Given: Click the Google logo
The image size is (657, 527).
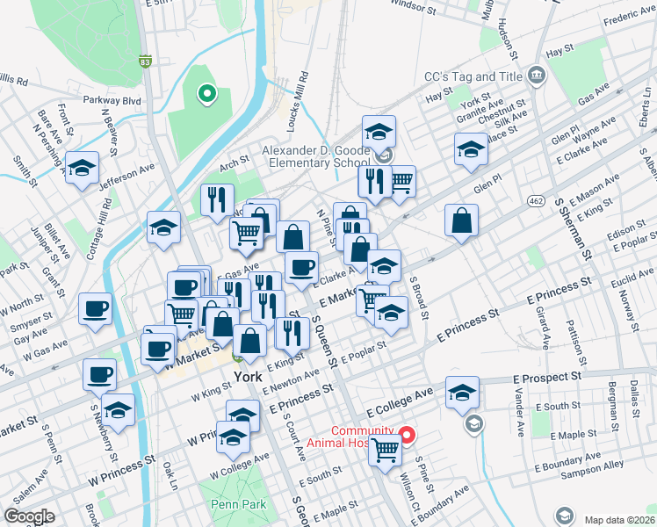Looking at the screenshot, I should pos(30,516).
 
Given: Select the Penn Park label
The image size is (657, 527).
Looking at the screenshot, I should pos(232,505).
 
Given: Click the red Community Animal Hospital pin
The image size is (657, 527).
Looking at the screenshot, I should pos(407,434).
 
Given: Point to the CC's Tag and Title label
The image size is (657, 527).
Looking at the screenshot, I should pos(473,77).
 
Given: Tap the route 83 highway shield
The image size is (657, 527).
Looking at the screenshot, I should pos(146,61).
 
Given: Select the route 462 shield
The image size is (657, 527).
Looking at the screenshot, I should pos(536,201).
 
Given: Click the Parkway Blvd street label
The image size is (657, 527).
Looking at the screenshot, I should pos(112,101).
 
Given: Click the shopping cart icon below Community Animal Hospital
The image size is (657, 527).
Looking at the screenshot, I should pos(386,451).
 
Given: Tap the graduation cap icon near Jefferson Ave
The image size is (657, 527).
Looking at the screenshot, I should pos(82,168).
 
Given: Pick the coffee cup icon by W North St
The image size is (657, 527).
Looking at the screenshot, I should pos(96,309).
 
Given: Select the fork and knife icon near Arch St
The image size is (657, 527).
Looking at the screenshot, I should pos(216,199).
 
